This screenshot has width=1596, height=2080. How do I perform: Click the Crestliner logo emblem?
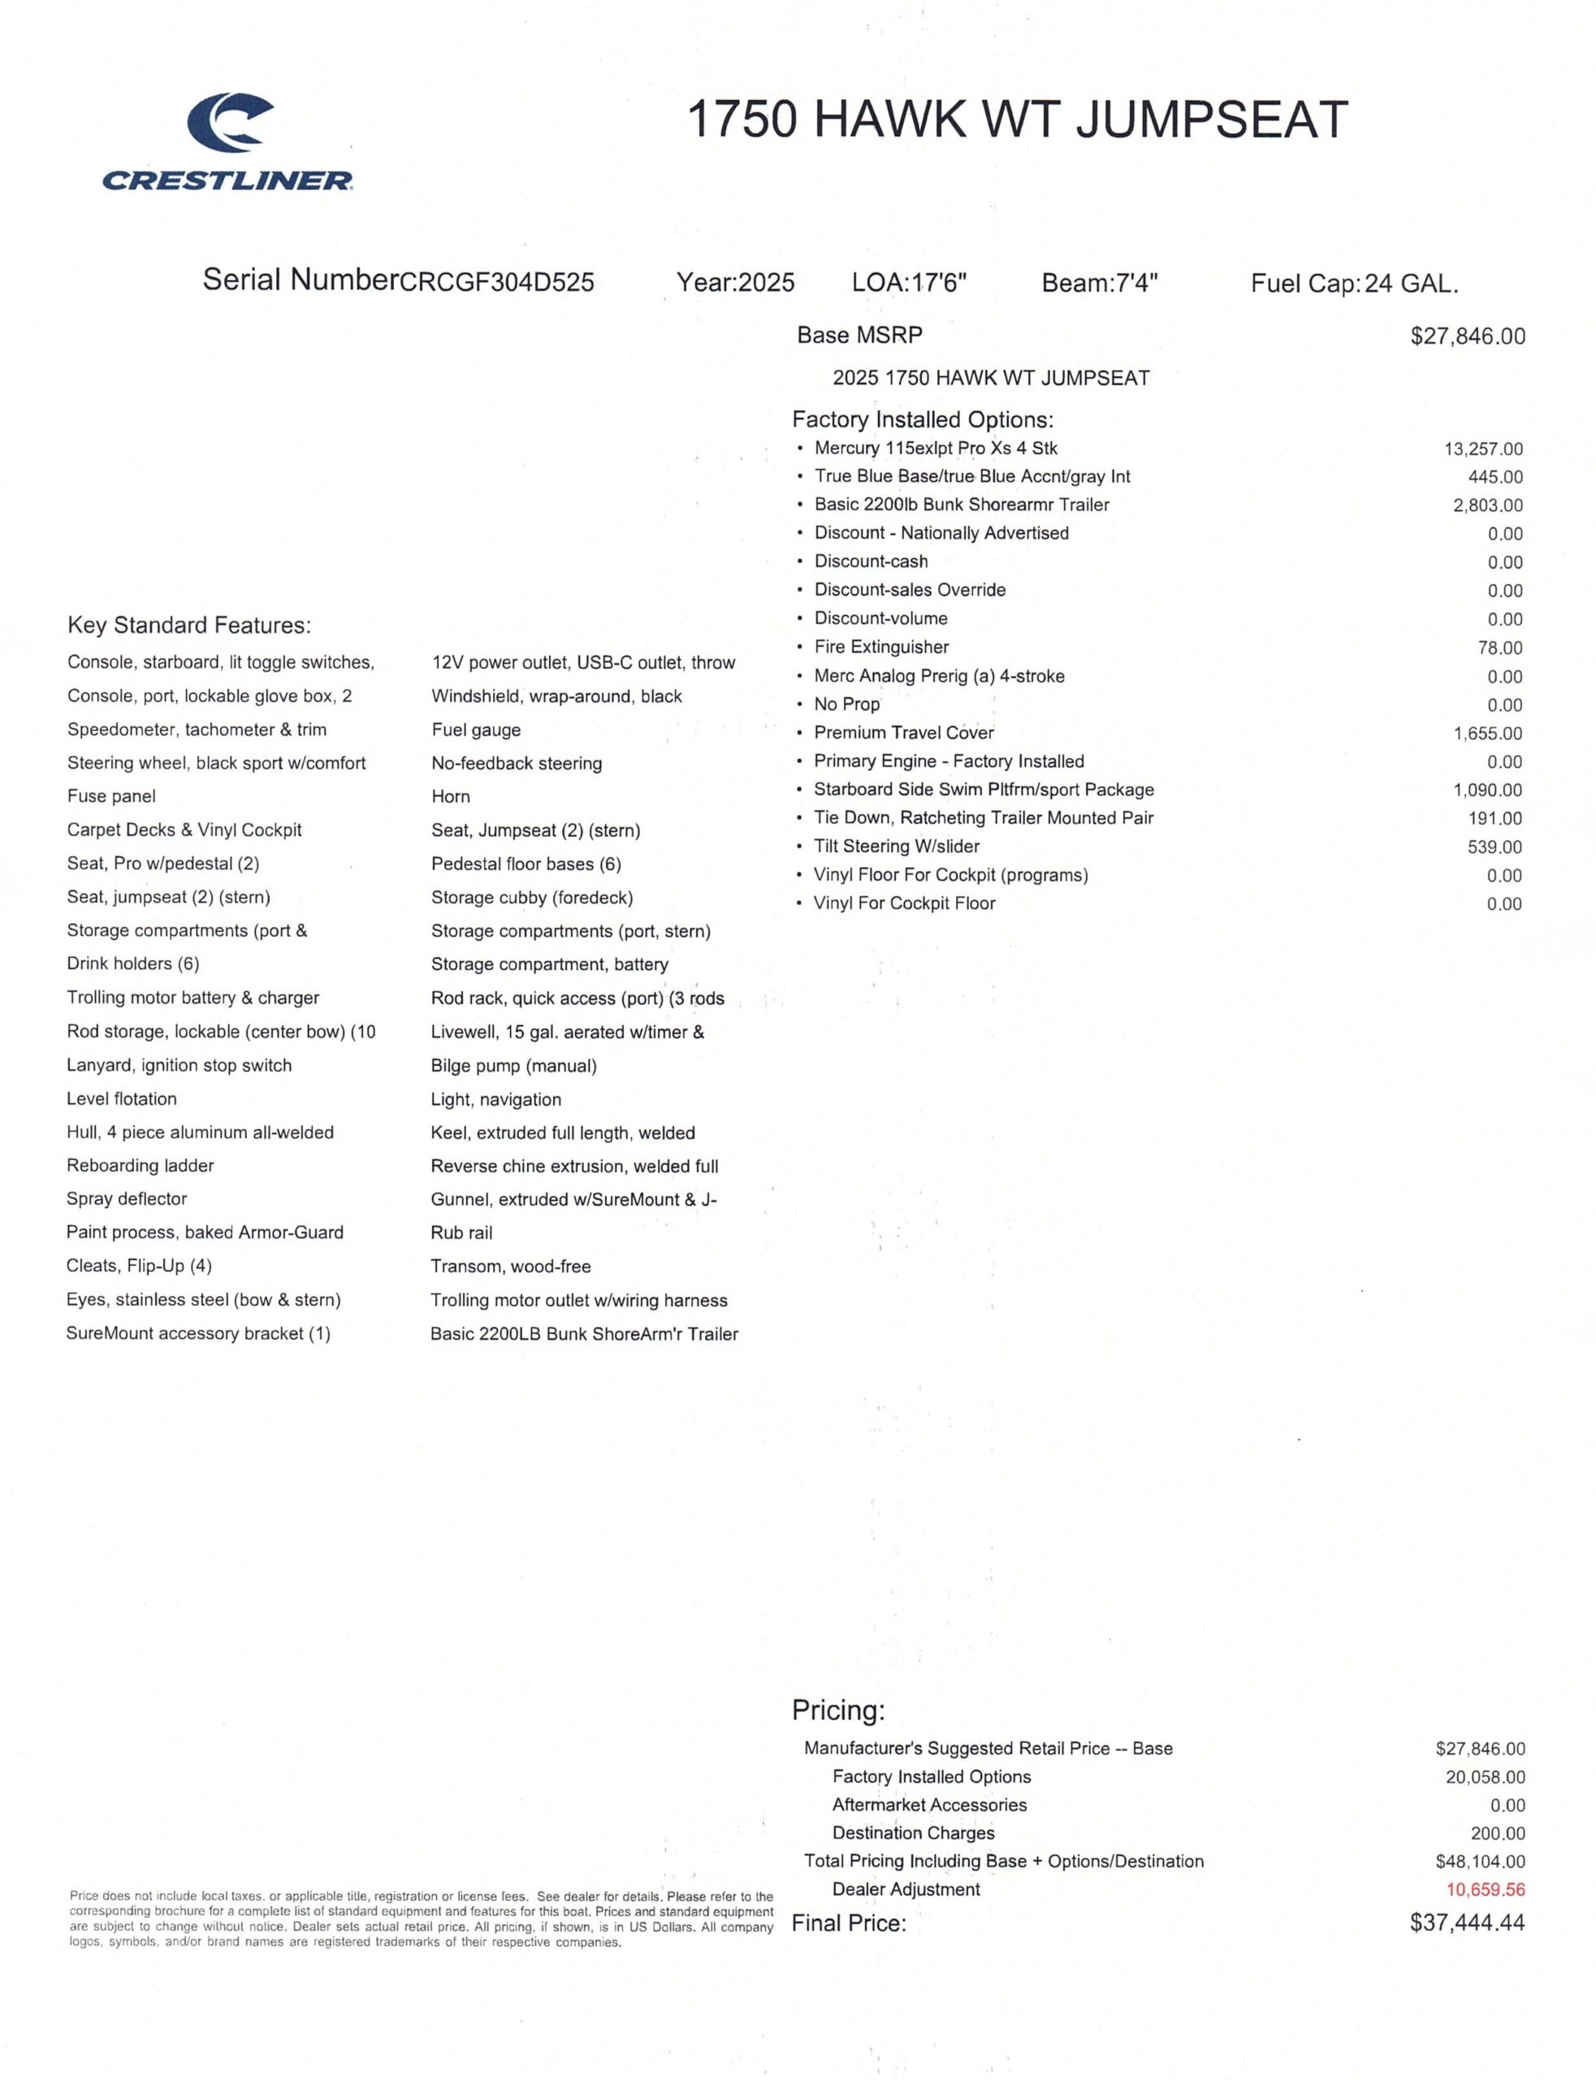230,123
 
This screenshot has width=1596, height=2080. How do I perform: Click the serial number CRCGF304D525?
497,282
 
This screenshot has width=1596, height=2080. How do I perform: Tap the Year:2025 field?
735,282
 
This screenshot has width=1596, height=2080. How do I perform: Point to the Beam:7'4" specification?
1099,282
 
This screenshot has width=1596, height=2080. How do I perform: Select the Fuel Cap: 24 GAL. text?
1354,282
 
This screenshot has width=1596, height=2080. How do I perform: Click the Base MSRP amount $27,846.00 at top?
1468,336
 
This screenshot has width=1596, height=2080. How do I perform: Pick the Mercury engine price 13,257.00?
1483,448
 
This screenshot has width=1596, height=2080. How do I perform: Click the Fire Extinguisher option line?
880,647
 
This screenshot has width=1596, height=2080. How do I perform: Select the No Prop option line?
846,704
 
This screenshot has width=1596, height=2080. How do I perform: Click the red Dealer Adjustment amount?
1485,1890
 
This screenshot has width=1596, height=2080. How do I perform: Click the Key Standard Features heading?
189,626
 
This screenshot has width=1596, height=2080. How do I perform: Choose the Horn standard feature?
450,796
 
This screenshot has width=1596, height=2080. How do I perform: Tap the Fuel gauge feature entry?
476,730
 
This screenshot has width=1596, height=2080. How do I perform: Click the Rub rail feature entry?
461,1233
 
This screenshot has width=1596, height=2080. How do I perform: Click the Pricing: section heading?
838,1710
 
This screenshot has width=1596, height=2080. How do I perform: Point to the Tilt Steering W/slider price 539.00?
1494,847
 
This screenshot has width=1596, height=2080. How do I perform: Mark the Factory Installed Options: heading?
923,419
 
